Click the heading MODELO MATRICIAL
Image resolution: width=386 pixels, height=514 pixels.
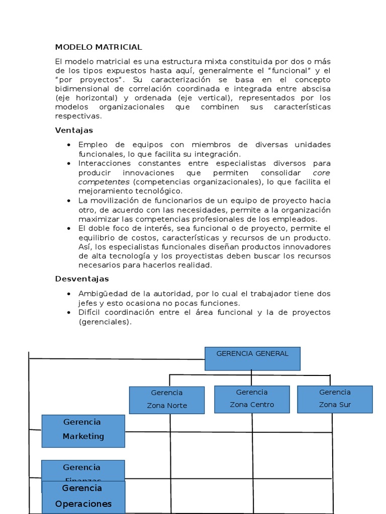click(99, 47)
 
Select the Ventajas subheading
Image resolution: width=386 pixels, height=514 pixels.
click(74, 131)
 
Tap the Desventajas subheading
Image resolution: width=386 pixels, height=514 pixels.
click(82, 279)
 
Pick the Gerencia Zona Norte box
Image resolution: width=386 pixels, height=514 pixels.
click(166, 400)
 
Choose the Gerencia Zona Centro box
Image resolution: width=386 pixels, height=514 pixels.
click(252, 399)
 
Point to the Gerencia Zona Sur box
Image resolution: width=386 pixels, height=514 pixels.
click(335, 399)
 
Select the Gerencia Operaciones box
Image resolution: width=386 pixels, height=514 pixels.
click(83, 497)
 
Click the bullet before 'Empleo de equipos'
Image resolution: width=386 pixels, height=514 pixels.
click(68, 145)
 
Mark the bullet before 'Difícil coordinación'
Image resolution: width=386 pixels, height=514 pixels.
click(68, 313)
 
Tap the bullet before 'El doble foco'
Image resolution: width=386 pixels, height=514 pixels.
click(68, 228)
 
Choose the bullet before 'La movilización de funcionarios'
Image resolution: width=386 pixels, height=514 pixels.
click(68, 201)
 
